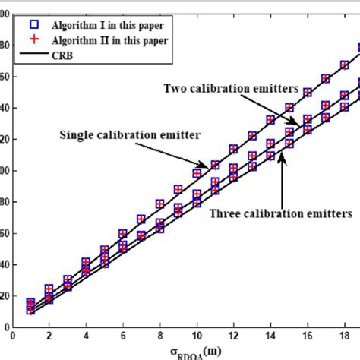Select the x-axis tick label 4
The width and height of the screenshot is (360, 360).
click(x=87, y=332)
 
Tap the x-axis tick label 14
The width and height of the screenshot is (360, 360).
click(x=271, y=332)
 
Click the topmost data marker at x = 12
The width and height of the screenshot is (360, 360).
click(x=234, y=150)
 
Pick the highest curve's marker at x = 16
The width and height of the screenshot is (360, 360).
click(x=308, y=93)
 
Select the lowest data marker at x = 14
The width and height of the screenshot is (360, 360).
click(x=271, y=156)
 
